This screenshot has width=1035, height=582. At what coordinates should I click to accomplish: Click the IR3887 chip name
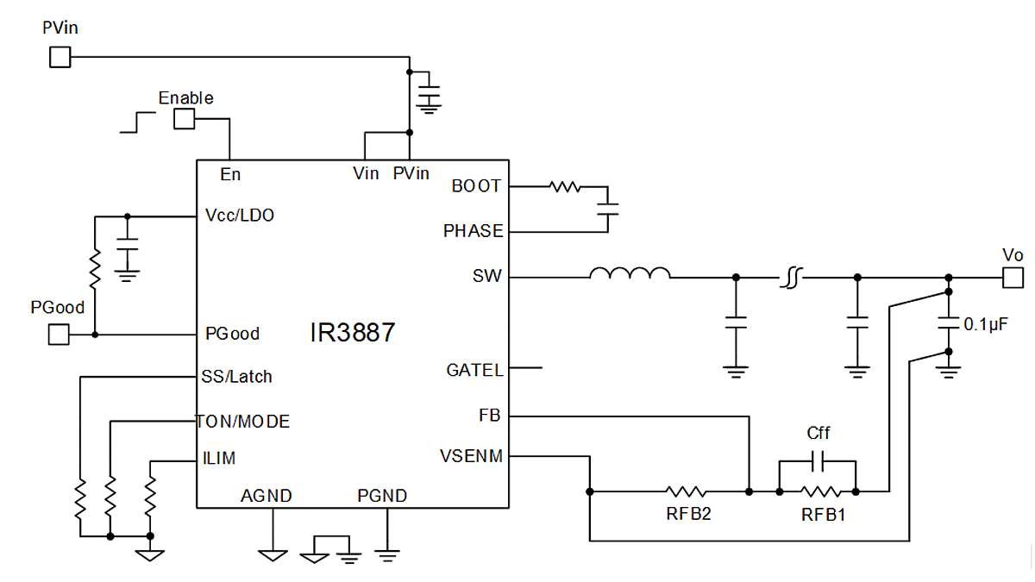coord(352,333)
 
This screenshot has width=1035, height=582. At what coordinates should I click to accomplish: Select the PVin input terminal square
coord(60,57)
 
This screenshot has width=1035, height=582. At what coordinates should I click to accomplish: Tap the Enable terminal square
coord(185,119)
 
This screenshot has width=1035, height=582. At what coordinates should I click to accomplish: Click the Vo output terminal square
coord(1013,277)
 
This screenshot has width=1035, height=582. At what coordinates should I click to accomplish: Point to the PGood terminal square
coord(58,334)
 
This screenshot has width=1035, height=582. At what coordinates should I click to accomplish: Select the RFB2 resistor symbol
coord(687,491)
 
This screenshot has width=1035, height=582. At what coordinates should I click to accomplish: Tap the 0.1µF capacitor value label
coord(986,325)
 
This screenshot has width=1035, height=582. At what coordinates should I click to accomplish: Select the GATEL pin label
coord(474,370)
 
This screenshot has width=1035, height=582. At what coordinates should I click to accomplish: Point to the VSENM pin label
coord(471,456)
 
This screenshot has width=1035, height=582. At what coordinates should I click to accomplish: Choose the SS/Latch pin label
coord(238,376)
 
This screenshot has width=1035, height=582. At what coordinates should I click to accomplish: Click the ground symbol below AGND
coord(273,554)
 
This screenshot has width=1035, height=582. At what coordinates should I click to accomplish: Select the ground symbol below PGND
coord(387,555)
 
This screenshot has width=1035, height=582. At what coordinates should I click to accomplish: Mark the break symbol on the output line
coord(793,277)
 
